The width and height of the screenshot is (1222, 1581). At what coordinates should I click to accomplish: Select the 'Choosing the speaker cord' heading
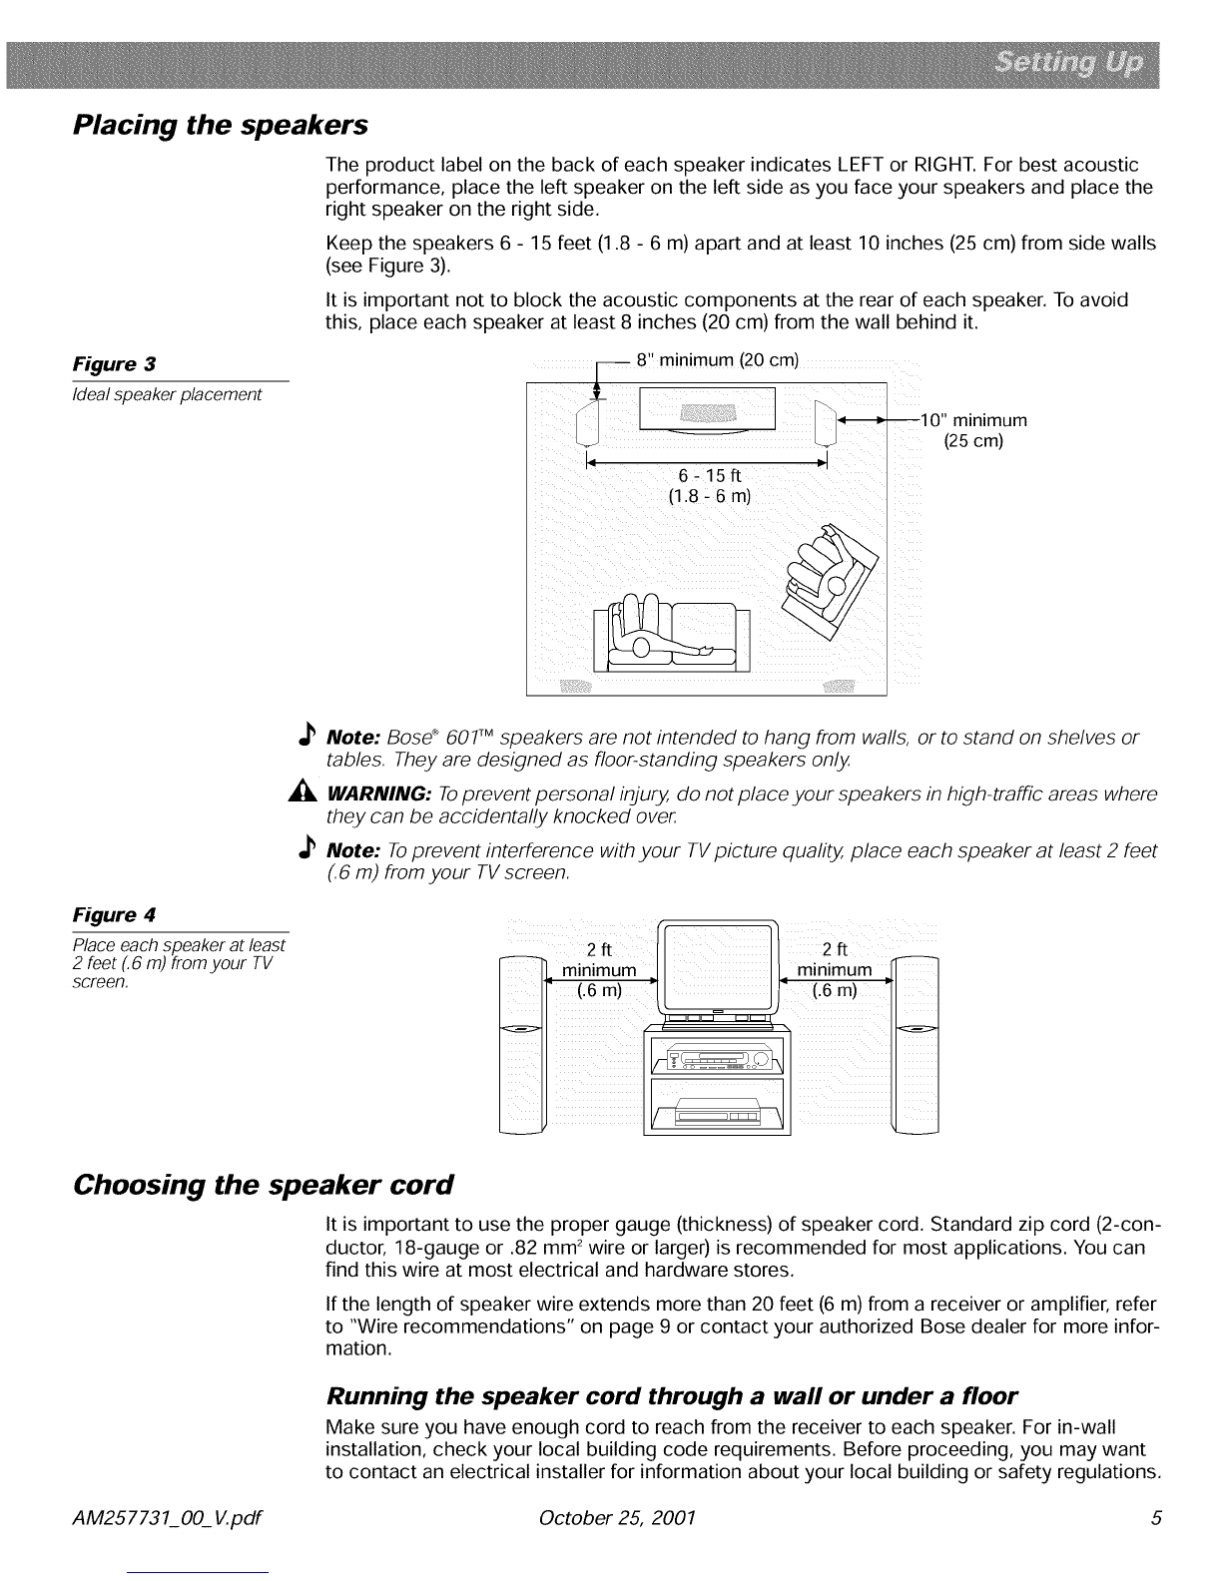[264, 1185]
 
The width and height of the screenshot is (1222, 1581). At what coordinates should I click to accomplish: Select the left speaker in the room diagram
[588, 421]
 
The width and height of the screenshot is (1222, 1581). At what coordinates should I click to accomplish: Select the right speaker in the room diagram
[826, 421]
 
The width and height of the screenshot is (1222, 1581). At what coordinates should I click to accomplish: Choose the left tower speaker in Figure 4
[522, 1043]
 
